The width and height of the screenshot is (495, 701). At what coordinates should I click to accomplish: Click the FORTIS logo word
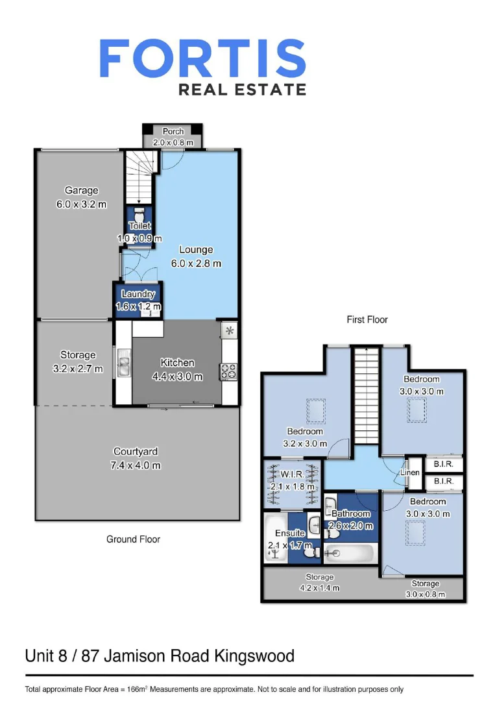click(202, 58)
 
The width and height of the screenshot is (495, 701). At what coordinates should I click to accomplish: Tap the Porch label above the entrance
click(173, 132)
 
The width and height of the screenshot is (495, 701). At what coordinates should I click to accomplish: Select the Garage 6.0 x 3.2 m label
click(81, 197)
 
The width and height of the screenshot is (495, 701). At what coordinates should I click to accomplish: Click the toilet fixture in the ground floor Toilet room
click(139, 214)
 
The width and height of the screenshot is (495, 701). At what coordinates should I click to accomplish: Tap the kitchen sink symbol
click(123, 363)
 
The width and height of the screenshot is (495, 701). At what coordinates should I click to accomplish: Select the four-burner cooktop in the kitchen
click(229, 371)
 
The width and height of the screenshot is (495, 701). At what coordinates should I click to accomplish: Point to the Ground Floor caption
click(133, 539)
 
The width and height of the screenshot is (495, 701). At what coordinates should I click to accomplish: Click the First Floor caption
click(367, 320)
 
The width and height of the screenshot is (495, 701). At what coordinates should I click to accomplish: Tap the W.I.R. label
click(293, 474)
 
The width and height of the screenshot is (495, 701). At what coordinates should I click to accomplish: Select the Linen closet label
click(410, 473)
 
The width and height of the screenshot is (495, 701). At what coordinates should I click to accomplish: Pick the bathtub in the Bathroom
click(349, 554)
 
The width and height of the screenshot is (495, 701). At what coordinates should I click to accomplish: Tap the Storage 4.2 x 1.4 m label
click(319, 582)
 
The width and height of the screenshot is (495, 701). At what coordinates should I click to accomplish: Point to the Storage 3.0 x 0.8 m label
click(425, 589)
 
